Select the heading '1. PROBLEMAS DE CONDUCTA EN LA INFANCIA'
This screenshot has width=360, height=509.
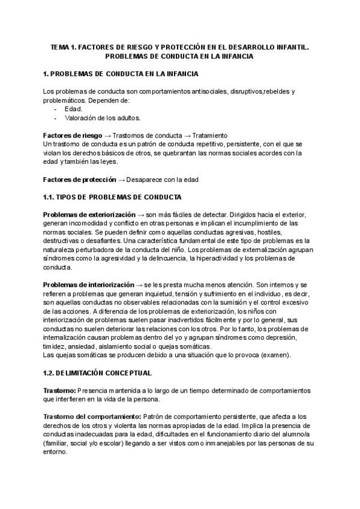122,74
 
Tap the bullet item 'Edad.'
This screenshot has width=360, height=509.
73,109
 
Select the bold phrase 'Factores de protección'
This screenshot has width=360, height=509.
80,179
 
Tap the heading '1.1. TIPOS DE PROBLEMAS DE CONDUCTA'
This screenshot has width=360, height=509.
113,197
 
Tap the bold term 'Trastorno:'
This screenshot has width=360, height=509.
59,390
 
